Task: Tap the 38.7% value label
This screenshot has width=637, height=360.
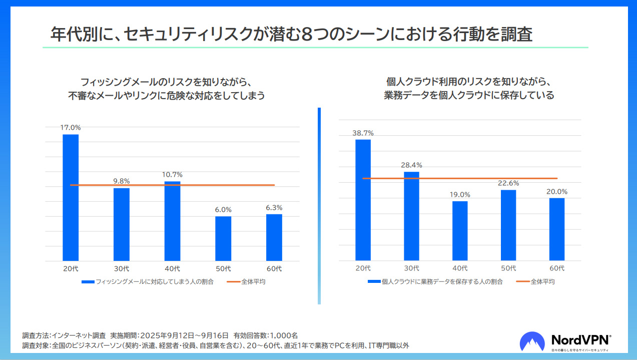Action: click(363, 133)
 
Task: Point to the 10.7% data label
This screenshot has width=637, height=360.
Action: click(172, 175)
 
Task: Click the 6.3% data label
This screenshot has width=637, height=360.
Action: click(274, 207)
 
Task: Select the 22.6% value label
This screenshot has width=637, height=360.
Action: click(508, 183)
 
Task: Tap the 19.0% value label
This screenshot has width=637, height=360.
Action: click(460, 194)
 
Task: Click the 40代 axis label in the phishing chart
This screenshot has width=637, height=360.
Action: click(172, 269)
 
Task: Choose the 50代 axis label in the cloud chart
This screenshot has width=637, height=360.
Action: click(508, 268)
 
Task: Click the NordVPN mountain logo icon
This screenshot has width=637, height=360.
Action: click(532, 341)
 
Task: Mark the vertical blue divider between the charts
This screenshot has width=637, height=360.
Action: click(319, 205)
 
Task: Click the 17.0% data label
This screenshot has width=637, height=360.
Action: click(71, 128)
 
